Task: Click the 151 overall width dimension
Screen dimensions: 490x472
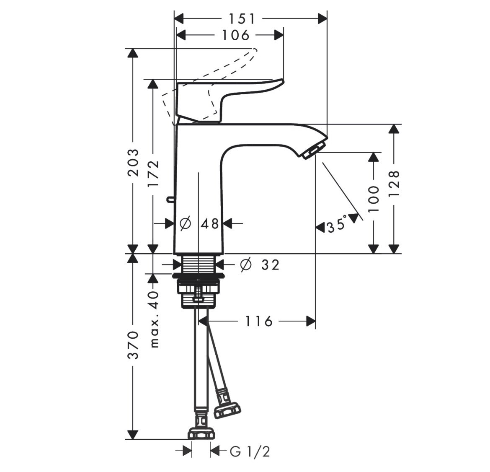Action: click(x=242, y=19)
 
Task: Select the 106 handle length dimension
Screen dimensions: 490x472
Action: click(x=236, y=35)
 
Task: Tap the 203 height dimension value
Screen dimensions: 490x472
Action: click(x=134, y=163)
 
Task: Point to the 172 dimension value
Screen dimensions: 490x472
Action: click(x=153, y=174)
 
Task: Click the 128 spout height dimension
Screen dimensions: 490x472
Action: click(x=395, y=183)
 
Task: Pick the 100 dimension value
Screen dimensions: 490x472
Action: click(x=374, y=199)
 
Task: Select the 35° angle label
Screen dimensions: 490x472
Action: click(x=337, y=224)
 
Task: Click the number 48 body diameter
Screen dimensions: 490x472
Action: click(x=209, y=224)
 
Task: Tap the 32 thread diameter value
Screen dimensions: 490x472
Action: click(x=270, y=265)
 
